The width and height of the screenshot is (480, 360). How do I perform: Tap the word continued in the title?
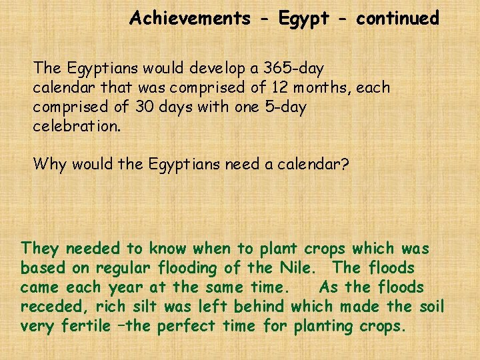(397, 18)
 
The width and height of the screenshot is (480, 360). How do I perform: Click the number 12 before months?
(280, 87)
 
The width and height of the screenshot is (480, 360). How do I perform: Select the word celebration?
(77, 126)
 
